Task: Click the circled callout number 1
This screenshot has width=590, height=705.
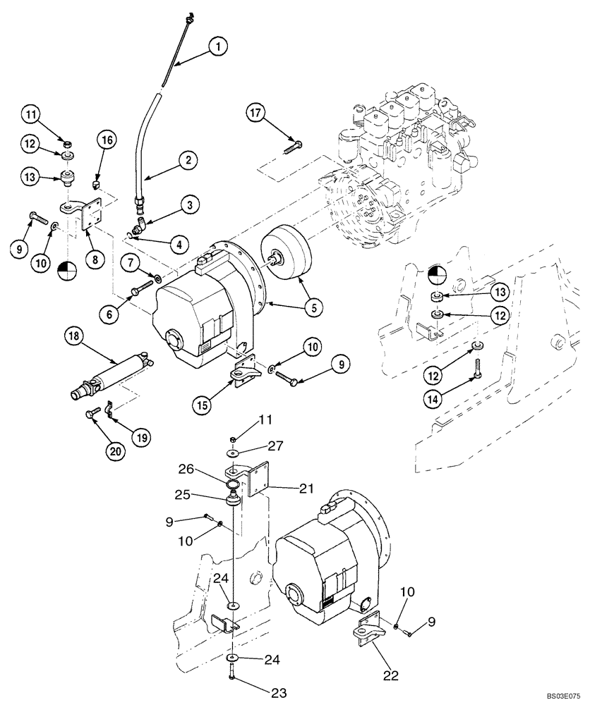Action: [x=218, y=47]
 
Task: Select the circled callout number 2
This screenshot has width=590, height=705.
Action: [x=188, y=160]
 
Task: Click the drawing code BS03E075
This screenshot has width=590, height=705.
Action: [x=561, y=695]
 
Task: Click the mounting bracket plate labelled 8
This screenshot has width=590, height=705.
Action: [x=90, y=216]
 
